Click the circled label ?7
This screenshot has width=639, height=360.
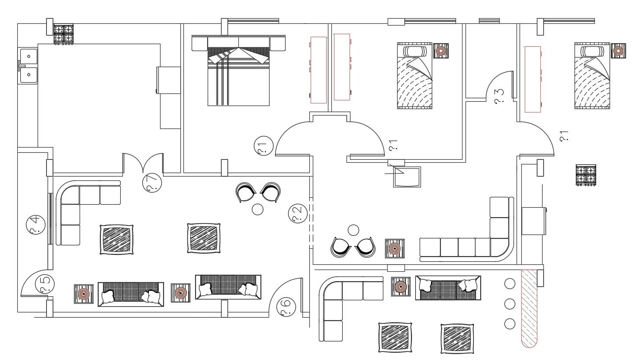[x=152, y=183]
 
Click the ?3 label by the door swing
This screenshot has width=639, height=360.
[x=499, y=96]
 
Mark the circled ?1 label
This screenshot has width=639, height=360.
[x=263, y=146]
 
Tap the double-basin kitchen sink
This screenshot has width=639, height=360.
[x=29, y=65]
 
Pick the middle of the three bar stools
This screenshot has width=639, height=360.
[x=510, y=304]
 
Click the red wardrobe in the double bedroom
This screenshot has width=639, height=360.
[x=318, y=70]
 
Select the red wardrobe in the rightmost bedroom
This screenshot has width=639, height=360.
[x=533, y=79]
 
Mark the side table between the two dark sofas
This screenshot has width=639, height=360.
[x=180, y=292]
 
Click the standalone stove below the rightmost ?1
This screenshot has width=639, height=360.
[x=586, y=174]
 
